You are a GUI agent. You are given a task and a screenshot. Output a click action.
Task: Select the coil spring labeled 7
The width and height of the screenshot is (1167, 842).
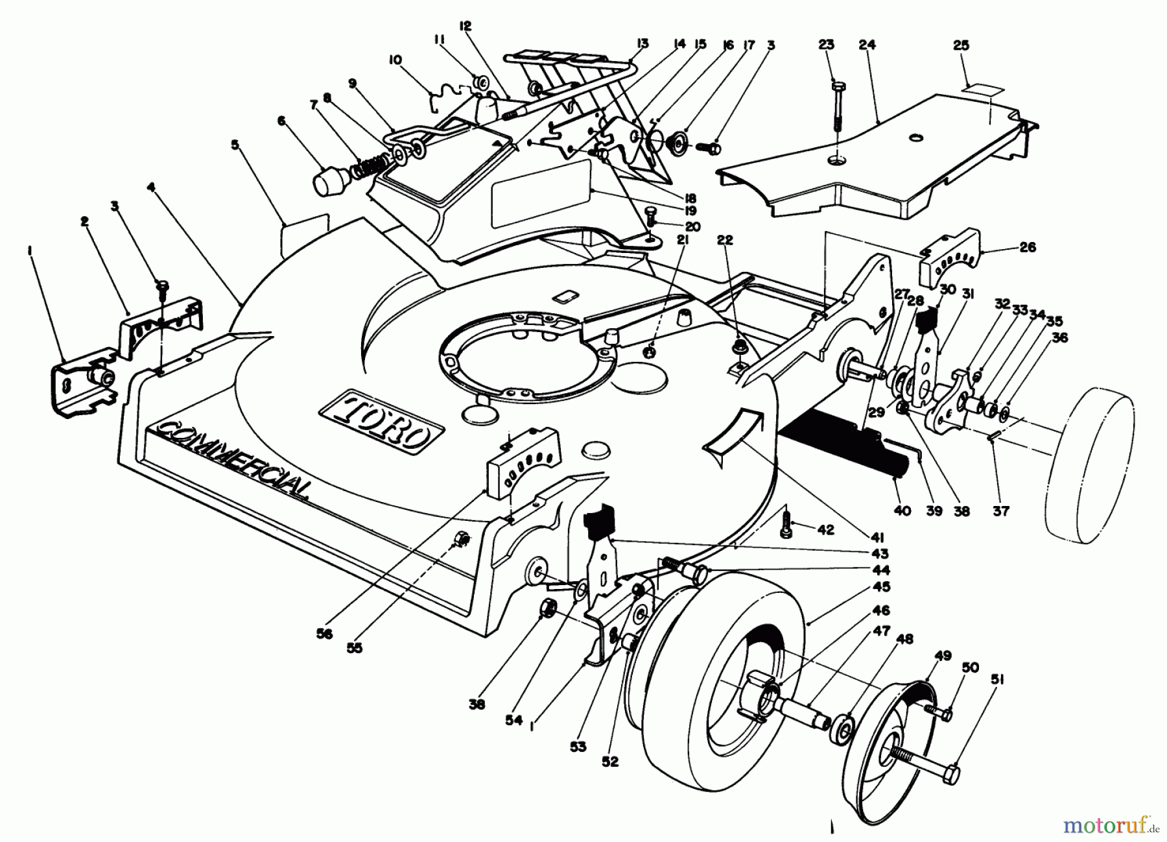pos(371,166)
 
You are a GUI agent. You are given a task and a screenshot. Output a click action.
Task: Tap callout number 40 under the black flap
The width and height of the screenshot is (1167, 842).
pos(902,511)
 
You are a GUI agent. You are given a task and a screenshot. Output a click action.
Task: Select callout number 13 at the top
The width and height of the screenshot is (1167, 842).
pos(642,44)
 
